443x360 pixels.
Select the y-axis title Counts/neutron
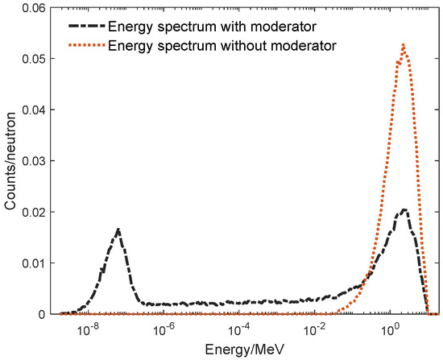10,161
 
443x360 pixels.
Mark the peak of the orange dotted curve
403,45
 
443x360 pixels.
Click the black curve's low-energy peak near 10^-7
118,230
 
